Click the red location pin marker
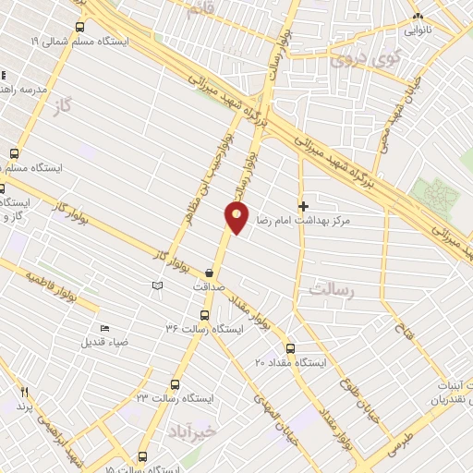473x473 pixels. [237, 218]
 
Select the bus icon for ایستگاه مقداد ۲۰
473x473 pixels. [290, 348]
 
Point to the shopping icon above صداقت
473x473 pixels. [211, 273]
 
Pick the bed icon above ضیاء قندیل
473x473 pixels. [103, 328]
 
